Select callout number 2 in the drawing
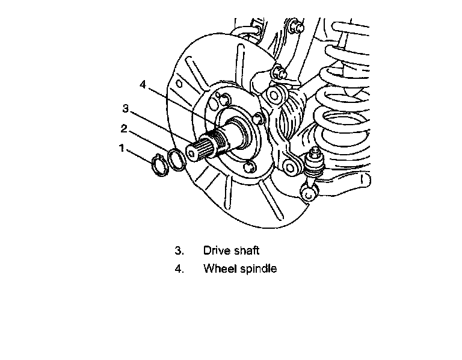point(123,128)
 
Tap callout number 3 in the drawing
point(125,108)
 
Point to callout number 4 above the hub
point(143,85)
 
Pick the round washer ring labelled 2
point(176,160)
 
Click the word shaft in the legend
point(247,250)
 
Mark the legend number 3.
point(179,250)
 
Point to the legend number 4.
point(179,268)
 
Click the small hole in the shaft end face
point(192,154)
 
